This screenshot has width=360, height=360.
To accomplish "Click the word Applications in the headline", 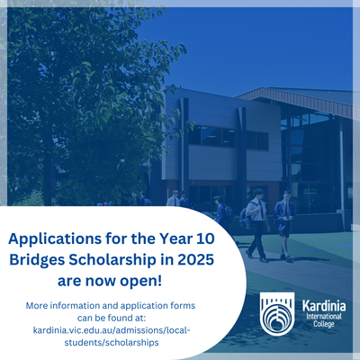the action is (x=55, y=239).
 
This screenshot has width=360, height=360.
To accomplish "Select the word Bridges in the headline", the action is (x=37, y=260).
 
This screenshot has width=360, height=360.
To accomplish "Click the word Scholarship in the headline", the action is (x=112, y=260).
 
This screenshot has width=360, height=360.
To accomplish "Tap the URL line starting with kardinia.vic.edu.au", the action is (x=112, y=330).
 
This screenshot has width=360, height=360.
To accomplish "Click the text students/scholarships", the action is (x=112, y=343).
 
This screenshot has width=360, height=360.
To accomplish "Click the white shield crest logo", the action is (x=277, y=313).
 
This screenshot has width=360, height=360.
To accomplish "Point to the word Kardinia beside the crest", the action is (x=324, y=306).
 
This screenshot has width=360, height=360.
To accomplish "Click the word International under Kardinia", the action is (x=324, y=316).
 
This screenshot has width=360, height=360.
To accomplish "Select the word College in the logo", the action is (x=324, y=324).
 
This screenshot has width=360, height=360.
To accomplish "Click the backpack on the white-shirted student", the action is (x=246, y=218).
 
